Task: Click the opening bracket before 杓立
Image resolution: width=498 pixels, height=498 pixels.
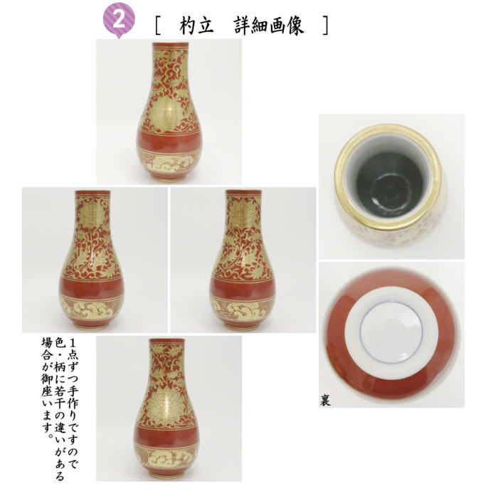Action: coord(157,25)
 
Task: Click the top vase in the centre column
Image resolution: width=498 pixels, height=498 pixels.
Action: coord(169,114)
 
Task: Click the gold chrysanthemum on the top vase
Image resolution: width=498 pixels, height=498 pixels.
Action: coord(169,107)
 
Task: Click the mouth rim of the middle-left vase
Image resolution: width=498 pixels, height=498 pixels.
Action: coord(93,192)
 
